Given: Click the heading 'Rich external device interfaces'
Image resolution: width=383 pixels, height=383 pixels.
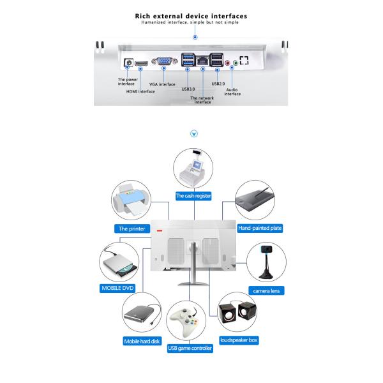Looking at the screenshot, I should [191, 15].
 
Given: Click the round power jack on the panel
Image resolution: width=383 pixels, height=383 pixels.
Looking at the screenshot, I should [128, 63].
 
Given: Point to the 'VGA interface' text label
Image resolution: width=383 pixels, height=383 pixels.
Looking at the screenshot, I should [162, 84].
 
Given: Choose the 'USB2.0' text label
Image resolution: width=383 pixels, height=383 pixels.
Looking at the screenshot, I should [219, 83].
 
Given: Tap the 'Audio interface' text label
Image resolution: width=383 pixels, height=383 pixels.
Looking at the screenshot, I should [232, 92].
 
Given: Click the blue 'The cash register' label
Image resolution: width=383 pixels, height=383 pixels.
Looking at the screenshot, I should [193, 196].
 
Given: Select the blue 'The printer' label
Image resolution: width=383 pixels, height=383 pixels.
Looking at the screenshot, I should [130, 228].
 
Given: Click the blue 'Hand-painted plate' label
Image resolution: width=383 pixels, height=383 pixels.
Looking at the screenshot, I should [260, 227].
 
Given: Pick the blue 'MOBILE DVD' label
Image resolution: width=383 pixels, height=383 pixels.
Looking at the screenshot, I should [119, 288].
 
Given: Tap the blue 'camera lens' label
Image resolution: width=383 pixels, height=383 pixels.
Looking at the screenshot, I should [268, 290].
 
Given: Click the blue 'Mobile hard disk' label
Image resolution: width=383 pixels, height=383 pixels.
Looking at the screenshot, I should [142, 342].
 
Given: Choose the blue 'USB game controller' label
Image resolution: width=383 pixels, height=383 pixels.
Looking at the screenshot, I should [190, 348].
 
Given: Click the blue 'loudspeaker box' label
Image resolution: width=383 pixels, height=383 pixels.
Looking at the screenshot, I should [239, 340].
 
